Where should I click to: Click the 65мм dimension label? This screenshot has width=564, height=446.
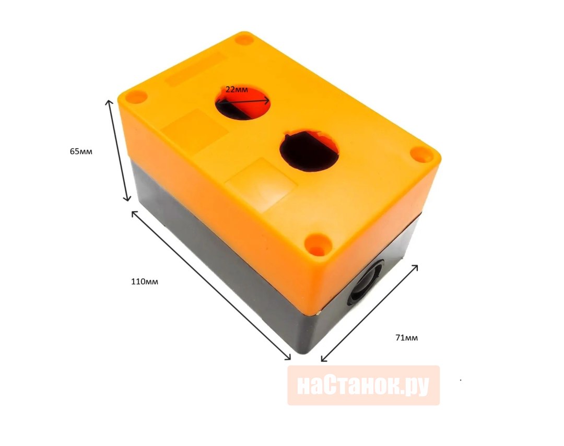(x=81, y=151)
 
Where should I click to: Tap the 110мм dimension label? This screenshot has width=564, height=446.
(x=145, y=281)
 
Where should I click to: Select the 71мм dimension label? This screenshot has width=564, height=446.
(x=406, y=338)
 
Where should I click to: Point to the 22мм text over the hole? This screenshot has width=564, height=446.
(x=237, y=89)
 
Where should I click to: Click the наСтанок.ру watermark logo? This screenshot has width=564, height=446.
(x=363, y=385)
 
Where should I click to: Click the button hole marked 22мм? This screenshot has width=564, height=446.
(x=242, y=102)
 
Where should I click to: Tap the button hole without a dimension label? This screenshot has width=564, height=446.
(x=309, y=150)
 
